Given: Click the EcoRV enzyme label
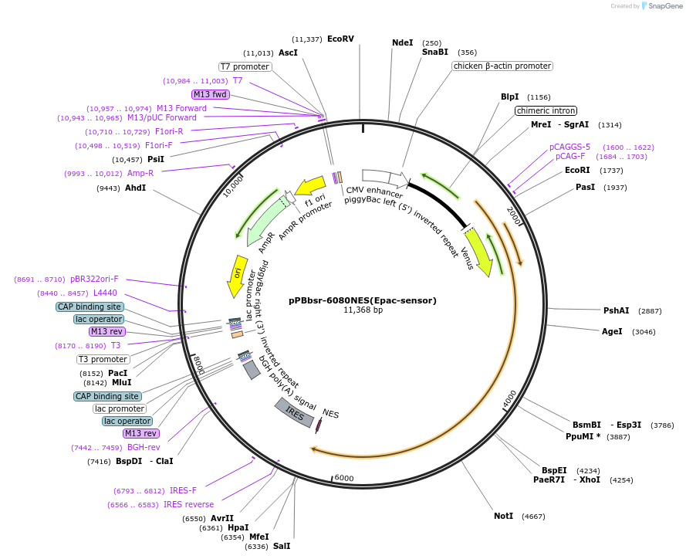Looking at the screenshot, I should (x=340, y=39).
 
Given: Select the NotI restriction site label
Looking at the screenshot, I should (x=503, y=516).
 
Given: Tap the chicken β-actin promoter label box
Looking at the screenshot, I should (x=502, y=66).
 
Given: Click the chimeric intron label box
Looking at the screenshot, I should (x=546, y=110).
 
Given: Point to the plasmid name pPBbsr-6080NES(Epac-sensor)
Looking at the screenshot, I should (x=363, y=300).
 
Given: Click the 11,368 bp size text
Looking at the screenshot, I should (x=363, y=310).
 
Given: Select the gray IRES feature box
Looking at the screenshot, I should (x=294, y=414).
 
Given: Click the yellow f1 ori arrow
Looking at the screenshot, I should (x=310, y=186).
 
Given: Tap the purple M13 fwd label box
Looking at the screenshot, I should (x=211, y=94).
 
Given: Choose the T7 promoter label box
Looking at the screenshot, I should (x=245, y=67).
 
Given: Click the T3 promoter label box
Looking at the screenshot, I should (x=103, y=359).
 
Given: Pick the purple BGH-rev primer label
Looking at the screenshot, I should (x=144, y=447).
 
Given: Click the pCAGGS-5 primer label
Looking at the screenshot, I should (x=569, y=147).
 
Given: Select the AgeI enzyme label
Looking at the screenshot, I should (x=611, y=331).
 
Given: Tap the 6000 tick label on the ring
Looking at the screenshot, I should (x=344, y=478).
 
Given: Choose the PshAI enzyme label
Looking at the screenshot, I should (x=616, y=310).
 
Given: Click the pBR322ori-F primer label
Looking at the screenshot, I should (x=94, y=279).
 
